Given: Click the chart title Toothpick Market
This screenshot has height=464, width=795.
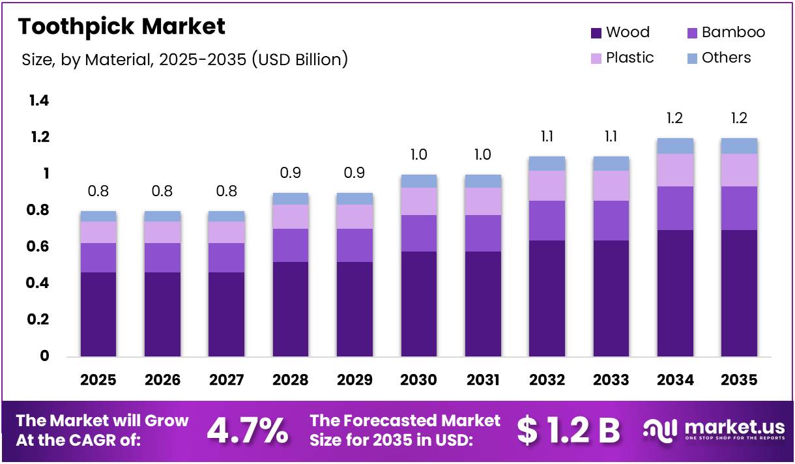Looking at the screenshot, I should tap(121, 26).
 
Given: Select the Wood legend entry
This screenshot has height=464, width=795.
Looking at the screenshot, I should tap(619, 33).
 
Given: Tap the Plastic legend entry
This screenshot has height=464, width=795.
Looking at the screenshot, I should tap(622, 58).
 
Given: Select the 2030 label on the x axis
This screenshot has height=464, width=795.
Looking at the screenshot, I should tap(418, 380).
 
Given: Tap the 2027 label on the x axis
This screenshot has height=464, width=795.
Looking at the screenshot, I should tap(226, 380).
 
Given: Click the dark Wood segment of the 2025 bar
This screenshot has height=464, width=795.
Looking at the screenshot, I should tap(98, 314).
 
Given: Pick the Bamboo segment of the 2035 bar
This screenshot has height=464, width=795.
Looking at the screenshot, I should tap(739, 208).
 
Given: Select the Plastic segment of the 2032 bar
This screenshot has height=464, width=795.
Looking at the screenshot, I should tap(547, 186).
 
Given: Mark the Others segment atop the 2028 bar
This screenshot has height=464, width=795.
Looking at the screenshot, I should tap(290, 199).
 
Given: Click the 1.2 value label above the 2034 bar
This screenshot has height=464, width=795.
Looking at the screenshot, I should tap(675, 119).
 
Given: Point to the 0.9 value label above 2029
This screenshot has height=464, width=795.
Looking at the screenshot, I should tap(354, 173).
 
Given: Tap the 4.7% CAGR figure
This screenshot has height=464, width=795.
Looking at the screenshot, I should tap(247, 430).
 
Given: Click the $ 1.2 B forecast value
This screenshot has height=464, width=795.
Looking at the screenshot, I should tap(568, 430).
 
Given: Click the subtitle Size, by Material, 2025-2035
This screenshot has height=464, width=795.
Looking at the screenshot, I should tap(184, 60).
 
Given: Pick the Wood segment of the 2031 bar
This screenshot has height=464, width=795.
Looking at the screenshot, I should tap(483, 304).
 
